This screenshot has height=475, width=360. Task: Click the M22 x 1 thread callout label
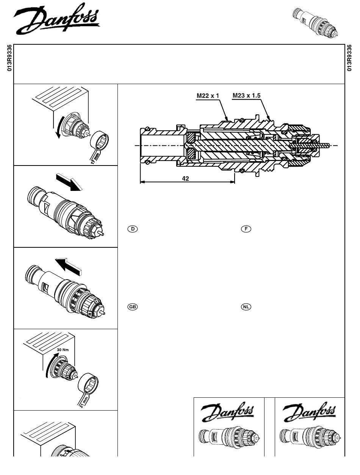click(x=208, y=96)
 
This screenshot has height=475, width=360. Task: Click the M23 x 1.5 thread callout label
click(x=246, y=96)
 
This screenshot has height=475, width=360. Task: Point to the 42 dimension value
click(x=186, y=178)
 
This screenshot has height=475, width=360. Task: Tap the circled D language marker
click(x=133, y=229)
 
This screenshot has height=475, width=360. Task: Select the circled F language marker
click(x=246, y=229)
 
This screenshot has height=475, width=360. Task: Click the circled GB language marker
click(x=133, y=307)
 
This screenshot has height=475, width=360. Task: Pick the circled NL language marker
click(x=246, y=307)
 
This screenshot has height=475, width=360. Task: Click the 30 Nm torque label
click(x=63, y=350)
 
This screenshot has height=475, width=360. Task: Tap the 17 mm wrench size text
click(x=95, y=158)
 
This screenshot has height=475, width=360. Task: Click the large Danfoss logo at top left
click(x=57, y=19)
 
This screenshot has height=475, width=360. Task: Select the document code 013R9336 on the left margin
click(x=9, y=58)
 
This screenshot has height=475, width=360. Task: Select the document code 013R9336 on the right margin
click(x=349, y=58)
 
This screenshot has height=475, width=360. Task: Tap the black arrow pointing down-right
click(x=69, y=182)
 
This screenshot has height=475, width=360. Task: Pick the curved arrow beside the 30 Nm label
click(x=50, y=366)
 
